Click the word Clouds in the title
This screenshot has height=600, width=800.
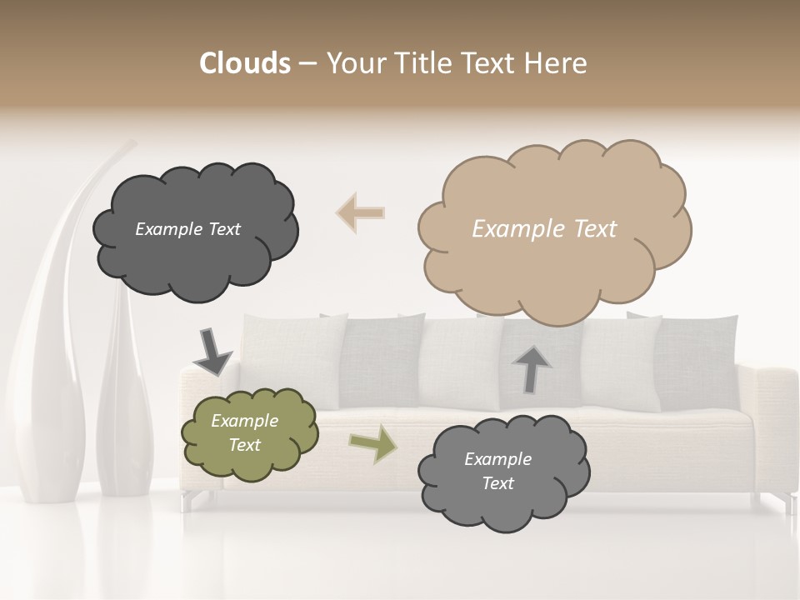tap(245, 63)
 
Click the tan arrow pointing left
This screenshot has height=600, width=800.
tap(361, 212)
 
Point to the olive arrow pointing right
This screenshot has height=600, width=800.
tap(372, 443)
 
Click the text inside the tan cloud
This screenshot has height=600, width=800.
tap(544, 229)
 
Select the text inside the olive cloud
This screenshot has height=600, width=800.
tap(244, 433)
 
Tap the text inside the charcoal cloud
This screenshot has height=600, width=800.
tap(187, 229)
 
